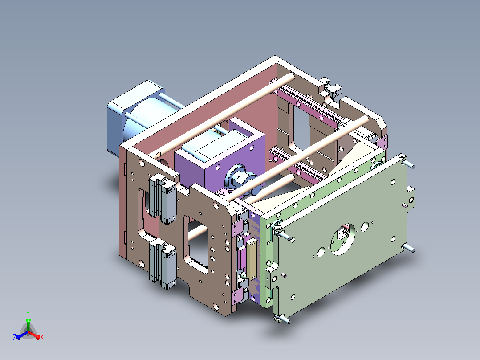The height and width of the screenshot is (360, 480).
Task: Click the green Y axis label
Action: click(28, 313)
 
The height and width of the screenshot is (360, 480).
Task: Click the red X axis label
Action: click(42, 337)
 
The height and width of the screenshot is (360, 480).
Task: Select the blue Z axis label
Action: click(14, 337)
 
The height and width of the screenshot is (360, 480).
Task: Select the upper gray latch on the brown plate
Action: click(163, 198)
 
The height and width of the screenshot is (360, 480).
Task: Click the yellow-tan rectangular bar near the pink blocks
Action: click(252, 259)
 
